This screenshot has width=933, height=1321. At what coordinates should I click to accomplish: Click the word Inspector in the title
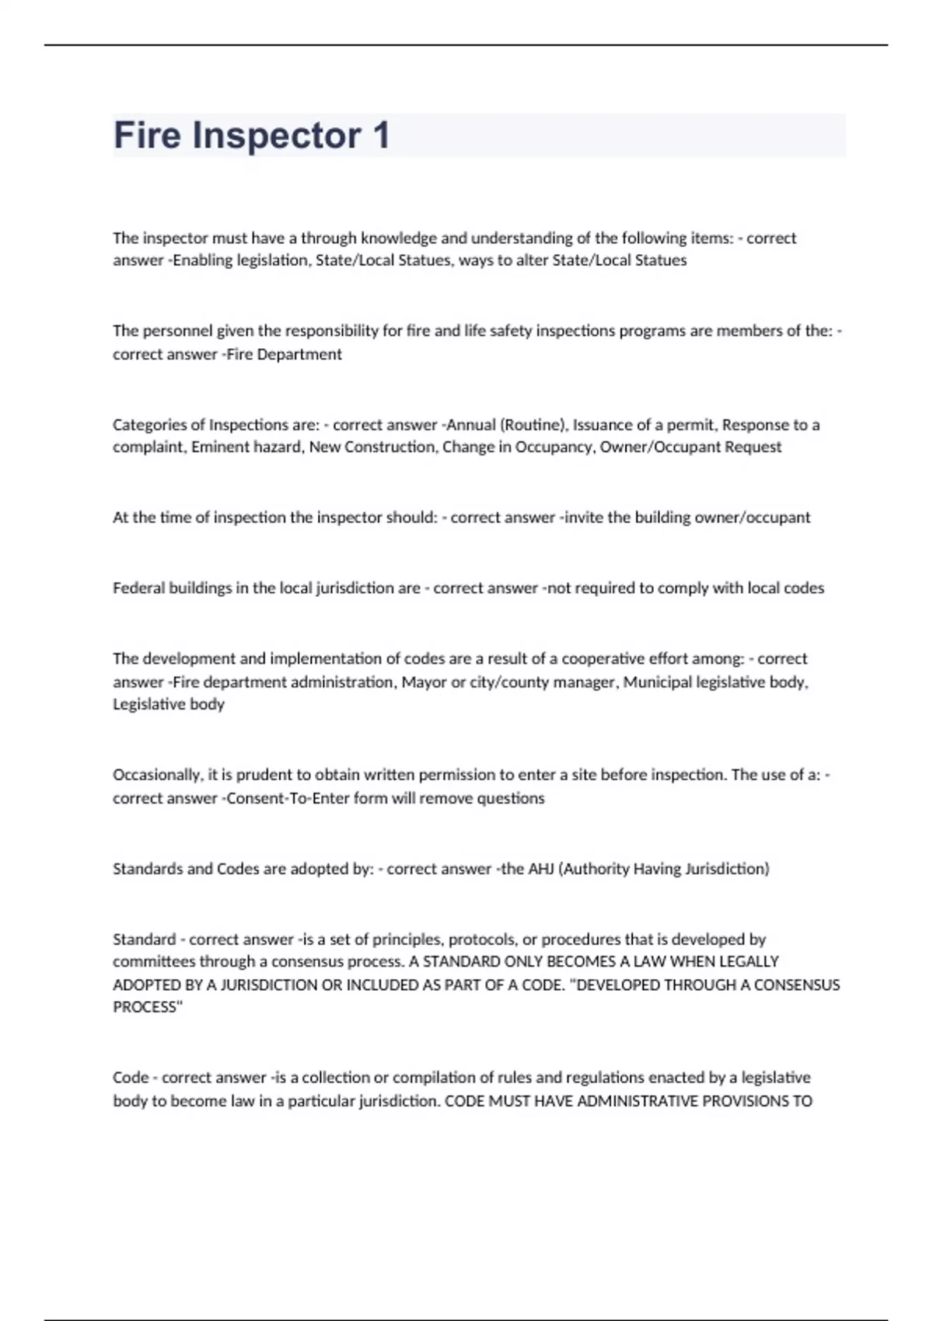click(276, 135)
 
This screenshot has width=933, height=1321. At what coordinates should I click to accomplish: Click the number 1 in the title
click(380, 135)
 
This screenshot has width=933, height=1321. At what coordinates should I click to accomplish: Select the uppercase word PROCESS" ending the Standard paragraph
click(148, 1007)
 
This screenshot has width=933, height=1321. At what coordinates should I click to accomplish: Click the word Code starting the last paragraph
click(131, 1078)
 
